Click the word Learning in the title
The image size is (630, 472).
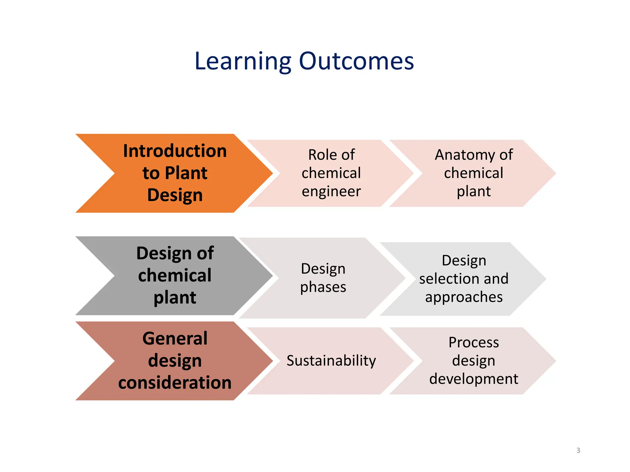(x=243, y=61)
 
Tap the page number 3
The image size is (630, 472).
(x=578, y=450)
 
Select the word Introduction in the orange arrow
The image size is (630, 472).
(x=175, y=151)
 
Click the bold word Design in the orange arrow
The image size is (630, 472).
(x=175, y=195)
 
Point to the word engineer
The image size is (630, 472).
(x=331, y=191)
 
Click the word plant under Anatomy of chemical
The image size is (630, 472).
(x=473, y=191)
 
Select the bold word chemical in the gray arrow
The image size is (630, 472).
(x=175, y=275)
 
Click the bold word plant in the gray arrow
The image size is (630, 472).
(x=175, y=297)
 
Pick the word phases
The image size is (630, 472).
(x=323, y=287)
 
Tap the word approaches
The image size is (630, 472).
(x=464, y=297)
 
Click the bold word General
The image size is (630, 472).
(x=175, y=339)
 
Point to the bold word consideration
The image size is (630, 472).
(x=175, y=383)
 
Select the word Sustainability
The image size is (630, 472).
(x=331, y=360)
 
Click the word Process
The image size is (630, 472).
(x=473, y=342)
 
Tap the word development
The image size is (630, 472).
(x=473, y=379)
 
